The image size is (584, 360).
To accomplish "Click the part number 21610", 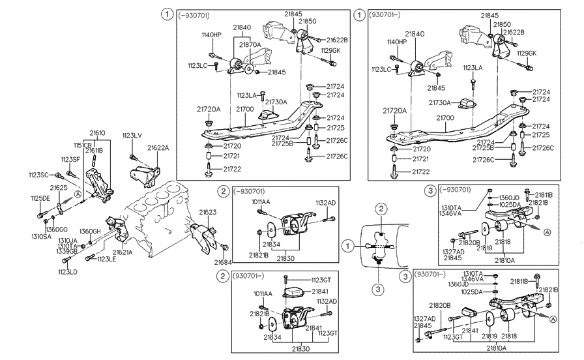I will click(97, 132).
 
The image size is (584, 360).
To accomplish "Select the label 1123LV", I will click(132, 136).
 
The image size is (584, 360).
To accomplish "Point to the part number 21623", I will click(208, 212).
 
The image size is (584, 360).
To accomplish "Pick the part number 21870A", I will click(250, 45).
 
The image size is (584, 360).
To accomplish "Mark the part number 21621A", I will click(122, 252).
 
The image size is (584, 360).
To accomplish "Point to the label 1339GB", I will click(68, 251).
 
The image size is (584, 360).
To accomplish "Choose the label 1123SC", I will click(38, 174).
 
